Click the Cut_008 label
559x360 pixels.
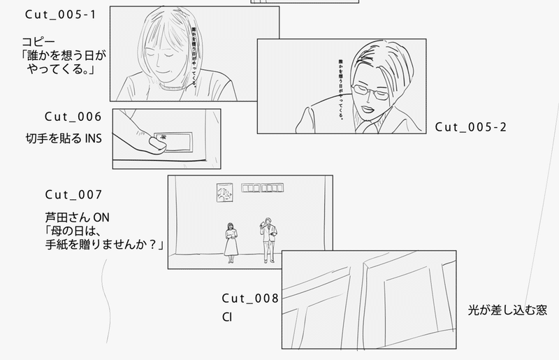(250, 298)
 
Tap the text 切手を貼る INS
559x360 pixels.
(64, 138)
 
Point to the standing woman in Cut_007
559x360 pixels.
(231, 240)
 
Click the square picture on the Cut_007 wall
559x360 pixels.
(224, 192)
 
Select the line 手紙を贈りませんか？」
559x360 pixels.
(102, 245)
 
